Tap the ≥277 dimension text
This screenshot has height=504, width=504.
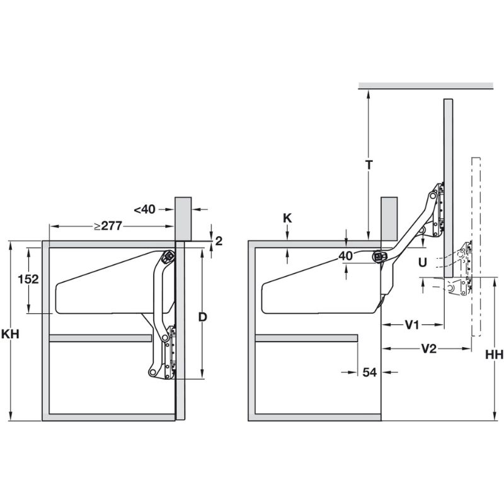pyautogui.click(x=108, y=226)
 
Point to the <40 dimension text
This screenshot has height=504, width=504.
pyautogui.click(x=144, y=209)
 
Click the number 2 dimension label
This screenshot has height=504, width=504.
pyautogui.click(x=218, y=240)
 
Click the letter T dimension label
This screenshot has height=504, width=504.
pyautogui.click(x=370, y=164)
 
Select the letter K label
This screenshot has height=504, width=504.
pyautogui.click(x=287, y=218)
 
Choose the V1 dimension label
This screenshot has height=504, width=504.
pyautogui.click(x=413, y=324)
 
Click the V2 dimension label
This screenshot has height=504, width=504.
pyautogui.click(x=428, y=349)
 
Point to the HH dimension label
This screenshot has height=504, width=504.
pyautogui.click(x=494, y=355)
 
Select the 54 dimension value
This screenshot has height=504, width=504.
pyautogui.click(x=370, y=372)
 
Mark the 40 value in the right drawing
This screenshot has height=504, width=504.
pyautogui.click(x=345, y=255)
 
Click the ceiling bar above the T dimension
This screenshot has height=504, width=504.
pyautogui.click(x=425, y=86)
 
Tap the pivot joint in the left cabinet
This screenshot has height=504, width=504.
pyautogui.click(x=169, y=257)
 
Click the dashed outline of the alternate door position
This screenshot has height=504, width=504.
pyautogui.click(x=476, y=246)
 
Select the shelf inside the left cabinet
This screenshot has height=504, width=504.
pyautogui.click(x=100, y=338)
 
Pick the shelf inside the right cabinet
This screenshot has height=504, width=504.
pyautogui.click(x=306, y=338)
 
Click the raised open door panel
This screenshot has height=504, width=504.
pyautogui.click(x=447, y=208)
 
